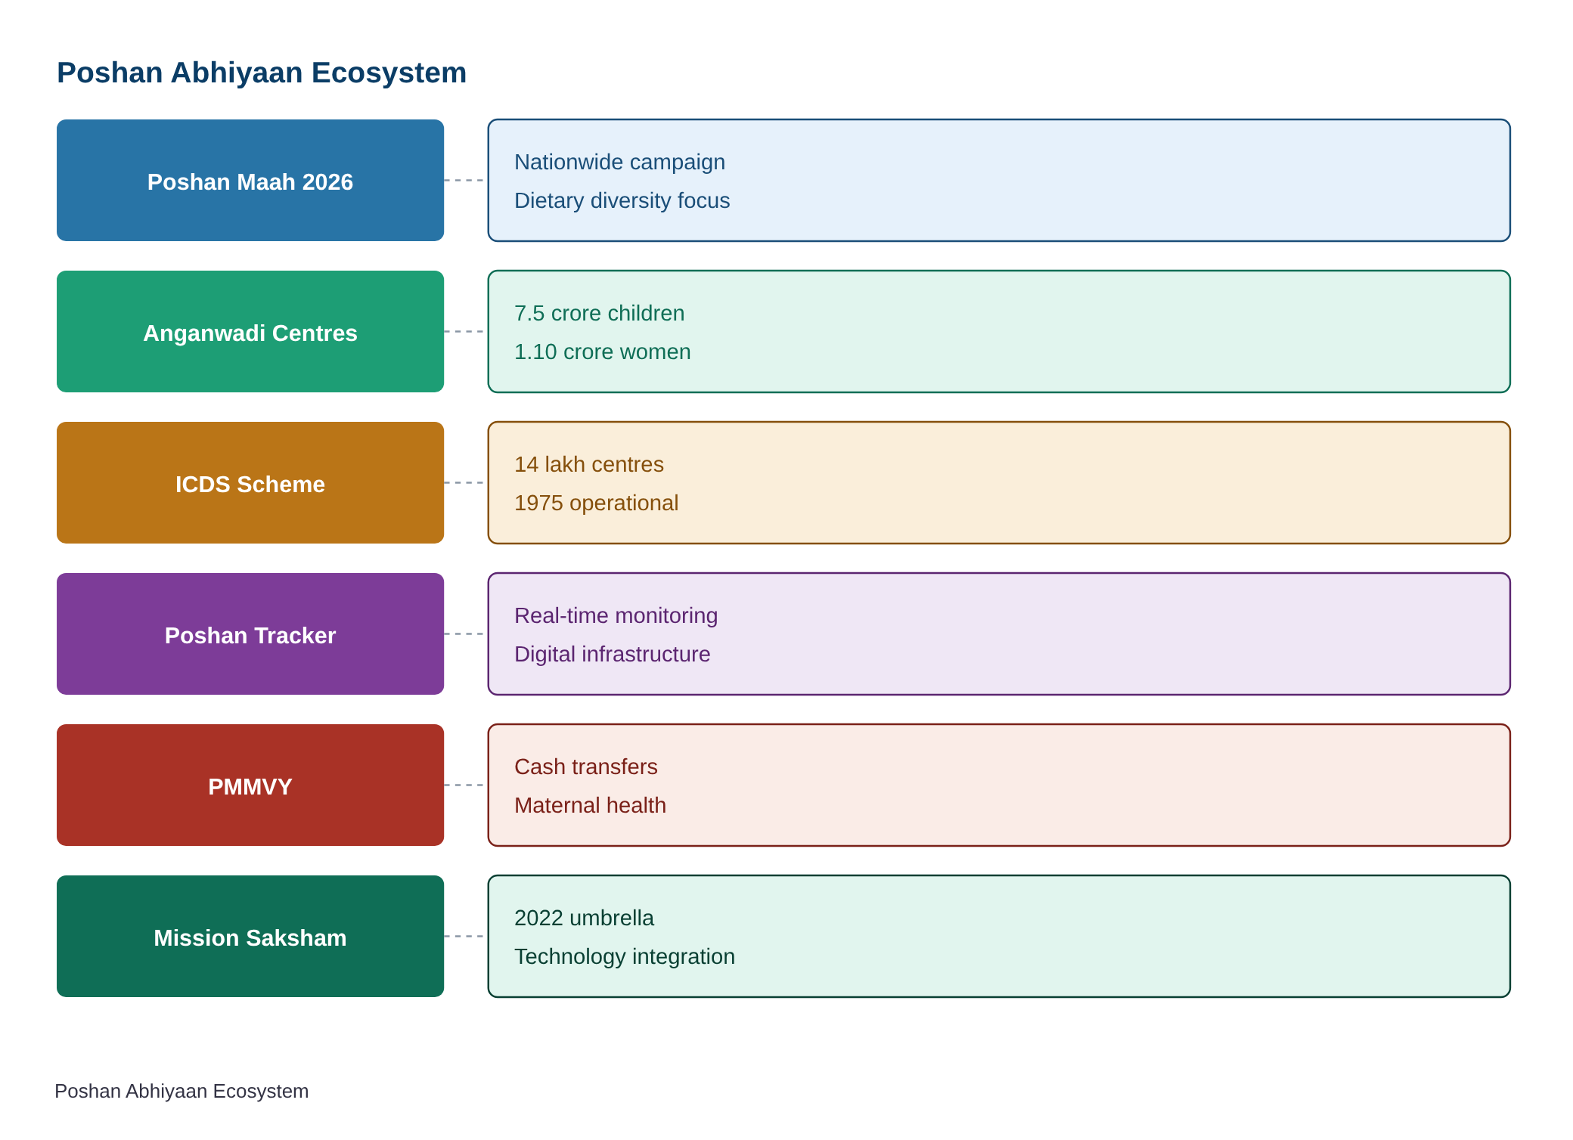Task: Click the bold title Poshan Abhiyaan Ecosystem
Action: (x=262, y=73)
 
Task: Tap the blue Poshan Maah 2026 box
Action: (x=250, y=180)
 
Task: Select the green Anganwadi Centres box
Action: (x=250, y=331)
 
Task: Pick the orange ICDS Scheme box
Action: (x=250, y=482)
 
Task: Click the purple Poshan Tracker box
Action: (x=250, y=634)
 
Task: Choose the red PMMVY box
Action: (x=250, y=785)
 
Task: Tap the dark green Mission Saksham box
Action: (x=250, y=936)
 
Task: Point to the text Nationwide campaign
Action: (x=619, y=162)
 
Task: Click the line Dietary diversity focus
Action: (x=622, y=200)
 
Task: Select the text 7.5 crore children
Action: (x=599, y=313)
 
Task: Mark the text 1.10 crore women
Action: (x=602, y=352)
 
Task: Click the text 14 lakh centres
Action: (x=588, y=464)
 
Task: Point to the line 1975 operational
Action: (x=596, y=503)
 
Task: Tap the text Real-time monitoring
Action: (x=616, y=615)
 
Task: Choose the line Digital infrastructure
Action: (x=612, y=654)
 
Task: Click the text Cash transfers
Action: (x=585, y=767)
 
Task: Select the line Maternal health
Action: (x=590, y=805)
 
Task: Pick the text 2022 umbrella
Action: (x=584, y=918)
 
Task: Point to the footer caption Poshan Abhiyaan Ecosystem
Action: (x=181, y=1091)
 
